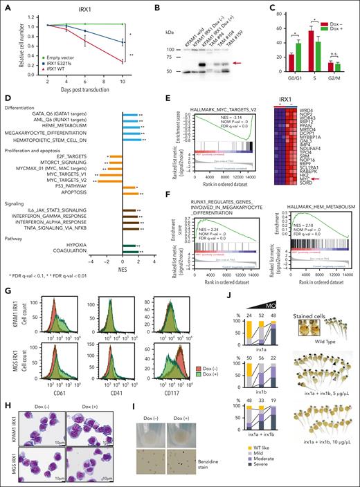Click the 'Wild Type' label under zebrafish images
[303, 340]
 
